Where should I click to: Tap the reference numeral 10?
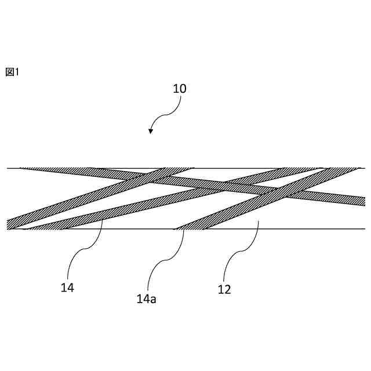[x=180, y=89]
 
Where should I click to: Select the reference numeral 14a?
[x=146, y=299]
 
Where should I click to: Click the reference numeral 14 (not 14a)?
[x=67, y=287]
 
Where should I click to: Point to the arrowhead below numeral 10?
[x=151, y=132]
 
